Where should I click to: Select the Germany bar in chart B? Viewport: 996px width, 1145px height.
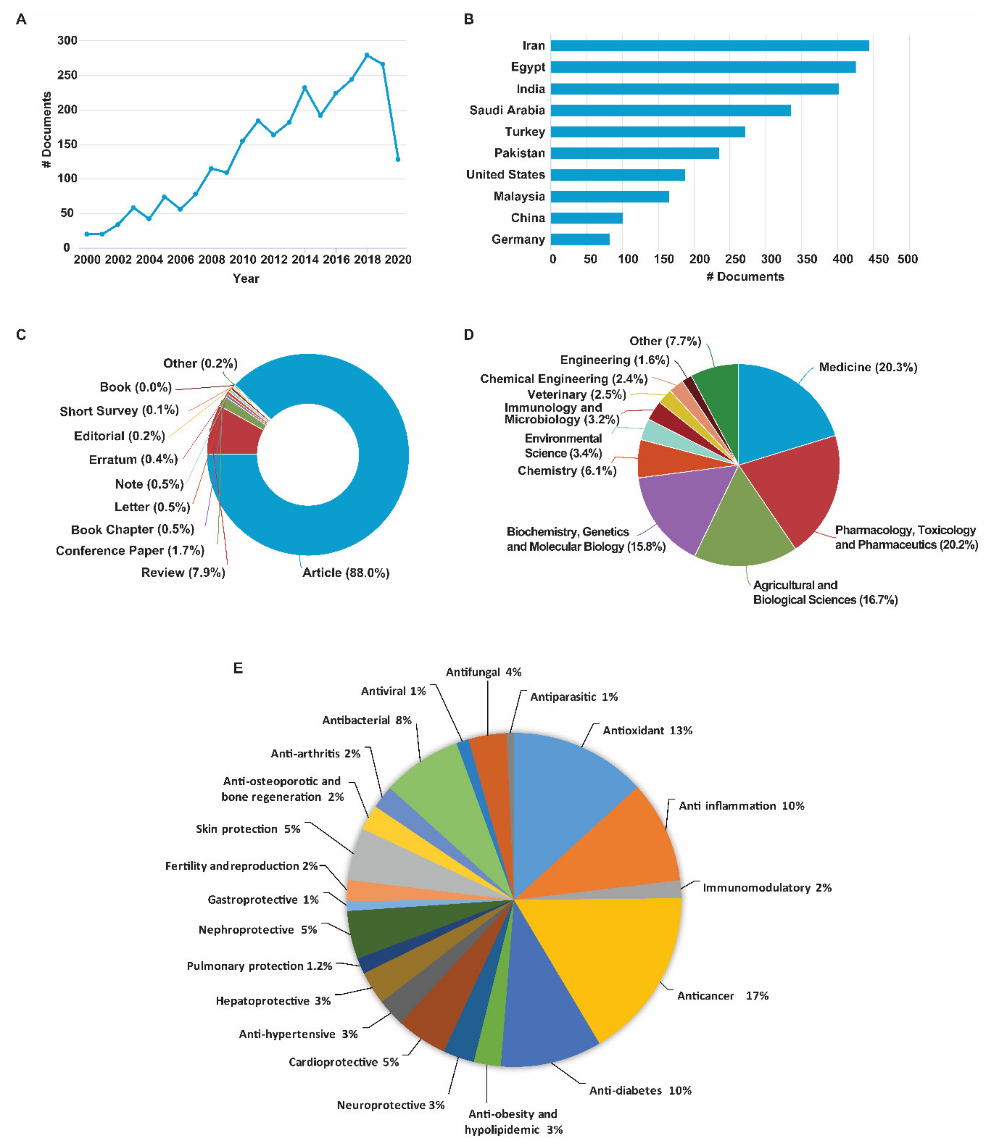pos(580,239)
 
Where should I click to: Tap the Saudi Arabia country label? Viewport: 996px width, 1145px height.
pos(507,110)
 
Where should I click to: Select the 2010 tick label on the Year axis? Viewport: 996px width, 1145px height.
pos(242,260)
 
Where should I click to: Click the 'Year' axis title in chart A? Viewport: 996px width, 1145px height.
pos(246,278)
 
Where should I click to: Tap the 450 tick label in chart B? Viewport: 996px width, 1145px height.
pos(878,259)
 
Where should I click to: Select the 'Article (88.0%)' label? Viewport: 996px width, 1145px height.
pos(346,573)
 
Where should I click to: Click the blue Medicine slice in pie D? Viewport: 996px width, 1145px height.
pos(778,411)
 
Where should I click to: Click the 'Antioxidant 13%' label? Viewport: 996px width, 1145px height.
pos(648,731)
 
